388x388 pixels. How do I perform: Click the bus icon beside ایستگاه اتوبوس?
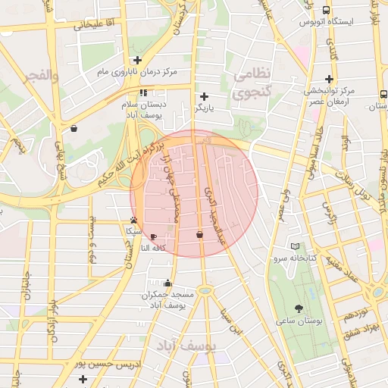[326, 11]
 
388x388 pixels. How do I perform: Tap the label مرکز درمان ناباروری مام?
[136, 72]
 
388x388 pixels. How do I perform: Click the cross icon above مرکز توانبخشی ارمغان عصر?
[328, 79]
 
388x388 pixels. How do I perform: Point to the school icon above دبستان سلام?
[144, 92]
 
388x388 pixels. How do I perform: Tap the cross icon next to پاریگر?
[204, 96]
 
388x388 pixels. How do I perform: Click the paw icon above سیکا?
[133, 220]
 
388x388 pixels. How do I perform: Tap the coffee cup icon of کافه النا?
[154, 236]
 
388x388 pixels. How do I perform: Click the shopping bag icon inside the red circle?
[199, 235]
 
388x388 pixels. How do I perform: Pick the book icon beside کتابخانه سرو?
[295, 246]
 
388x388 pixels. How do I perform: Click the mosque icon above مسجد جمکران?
[167, 283]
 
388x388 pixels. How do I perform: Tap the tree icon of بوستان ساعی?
[298, 308]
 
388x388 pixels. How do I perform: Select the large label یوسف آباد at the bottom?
[186, 346]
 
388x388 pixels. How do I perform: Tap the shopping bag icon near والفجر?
[74, 128]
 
